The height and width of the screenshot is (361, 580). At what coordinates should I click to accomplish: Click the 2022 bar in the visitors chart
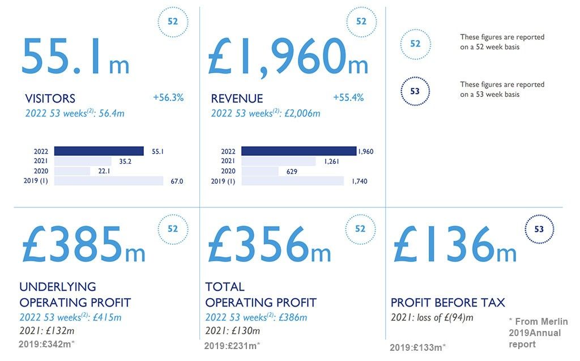(99, 151)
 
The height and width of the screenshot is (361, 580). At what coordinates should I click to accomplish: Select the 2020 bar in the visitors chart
(72, 171)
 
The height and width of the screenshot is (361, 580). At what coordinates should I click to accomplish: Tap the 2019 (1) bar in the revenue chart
(292, 181)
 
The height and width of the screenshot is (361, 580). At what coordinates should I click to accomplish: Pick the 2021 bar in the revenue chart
(278, 162)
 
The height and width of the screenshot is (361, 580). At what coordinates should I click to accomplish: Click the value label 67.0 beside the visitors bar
(177, 181)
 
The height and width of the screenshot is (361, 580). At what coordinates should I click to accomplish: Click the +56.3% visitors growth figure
(168, 97)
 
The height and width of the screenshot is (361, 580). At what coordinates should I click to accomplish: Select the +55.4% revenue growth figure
(348, 97)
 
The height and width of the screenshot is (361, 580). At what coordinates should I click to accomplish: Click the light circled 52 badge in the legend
(415, 44)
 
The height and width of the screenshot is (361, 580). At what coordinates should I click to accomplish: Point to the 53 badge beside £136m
(539, 230)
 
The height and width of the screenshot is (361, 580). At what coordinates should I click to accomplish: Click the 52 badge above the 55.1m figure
(173, 22)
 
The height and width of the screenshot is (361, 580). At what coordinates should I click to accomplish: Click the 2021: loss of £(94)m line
(432, 317)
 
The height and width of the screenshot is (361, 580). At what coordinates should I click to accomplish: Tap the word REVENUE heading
(237, 99)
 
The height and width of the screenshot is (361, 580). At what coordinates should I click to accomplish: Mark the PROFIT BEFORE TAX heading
(448, 302)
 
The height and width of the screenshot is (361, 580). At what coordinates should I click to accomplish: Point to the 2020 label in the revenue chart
(228, 171)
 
